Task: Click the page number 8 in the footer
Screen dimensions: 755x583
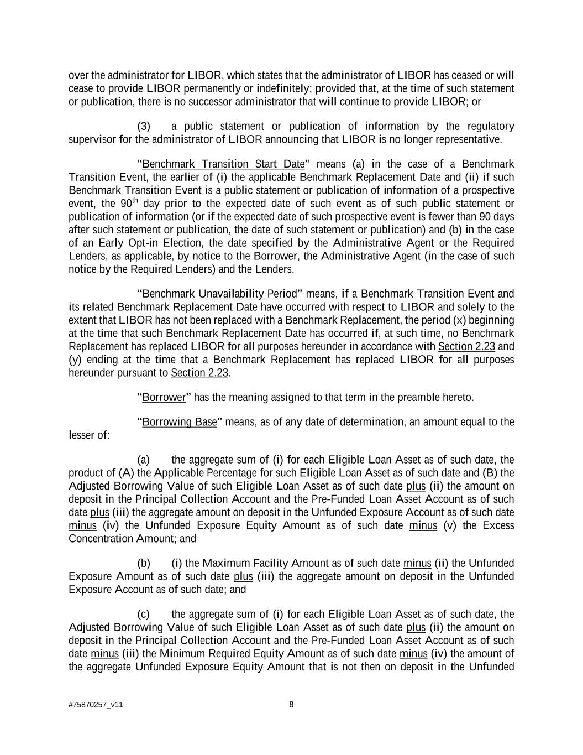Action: (x=291, y=704)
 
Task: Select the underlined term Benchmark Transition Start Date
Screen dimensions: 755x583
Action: (x=223, y=164)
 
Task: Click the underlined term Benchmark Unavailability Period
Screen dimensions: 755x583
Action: (x=219, y=293)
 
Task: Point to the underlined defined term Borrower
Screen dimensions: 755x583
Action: (x=164, y=397)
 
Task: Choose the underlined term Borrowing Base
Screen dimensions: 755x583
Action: (x=180, y=422)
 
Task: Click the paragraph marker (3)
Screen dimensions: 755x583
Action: (x=144, y=126)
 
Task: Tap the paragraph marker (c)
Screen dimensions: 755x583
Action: (x=143, y=614)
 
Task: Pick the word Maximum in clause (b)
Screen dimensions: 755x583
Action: (x=227, y=563)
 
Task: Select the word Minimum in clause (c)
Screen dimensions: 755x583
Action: (x=177, y=653)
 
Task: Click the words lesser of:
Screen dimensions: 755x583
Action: (x=89, y=435)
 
